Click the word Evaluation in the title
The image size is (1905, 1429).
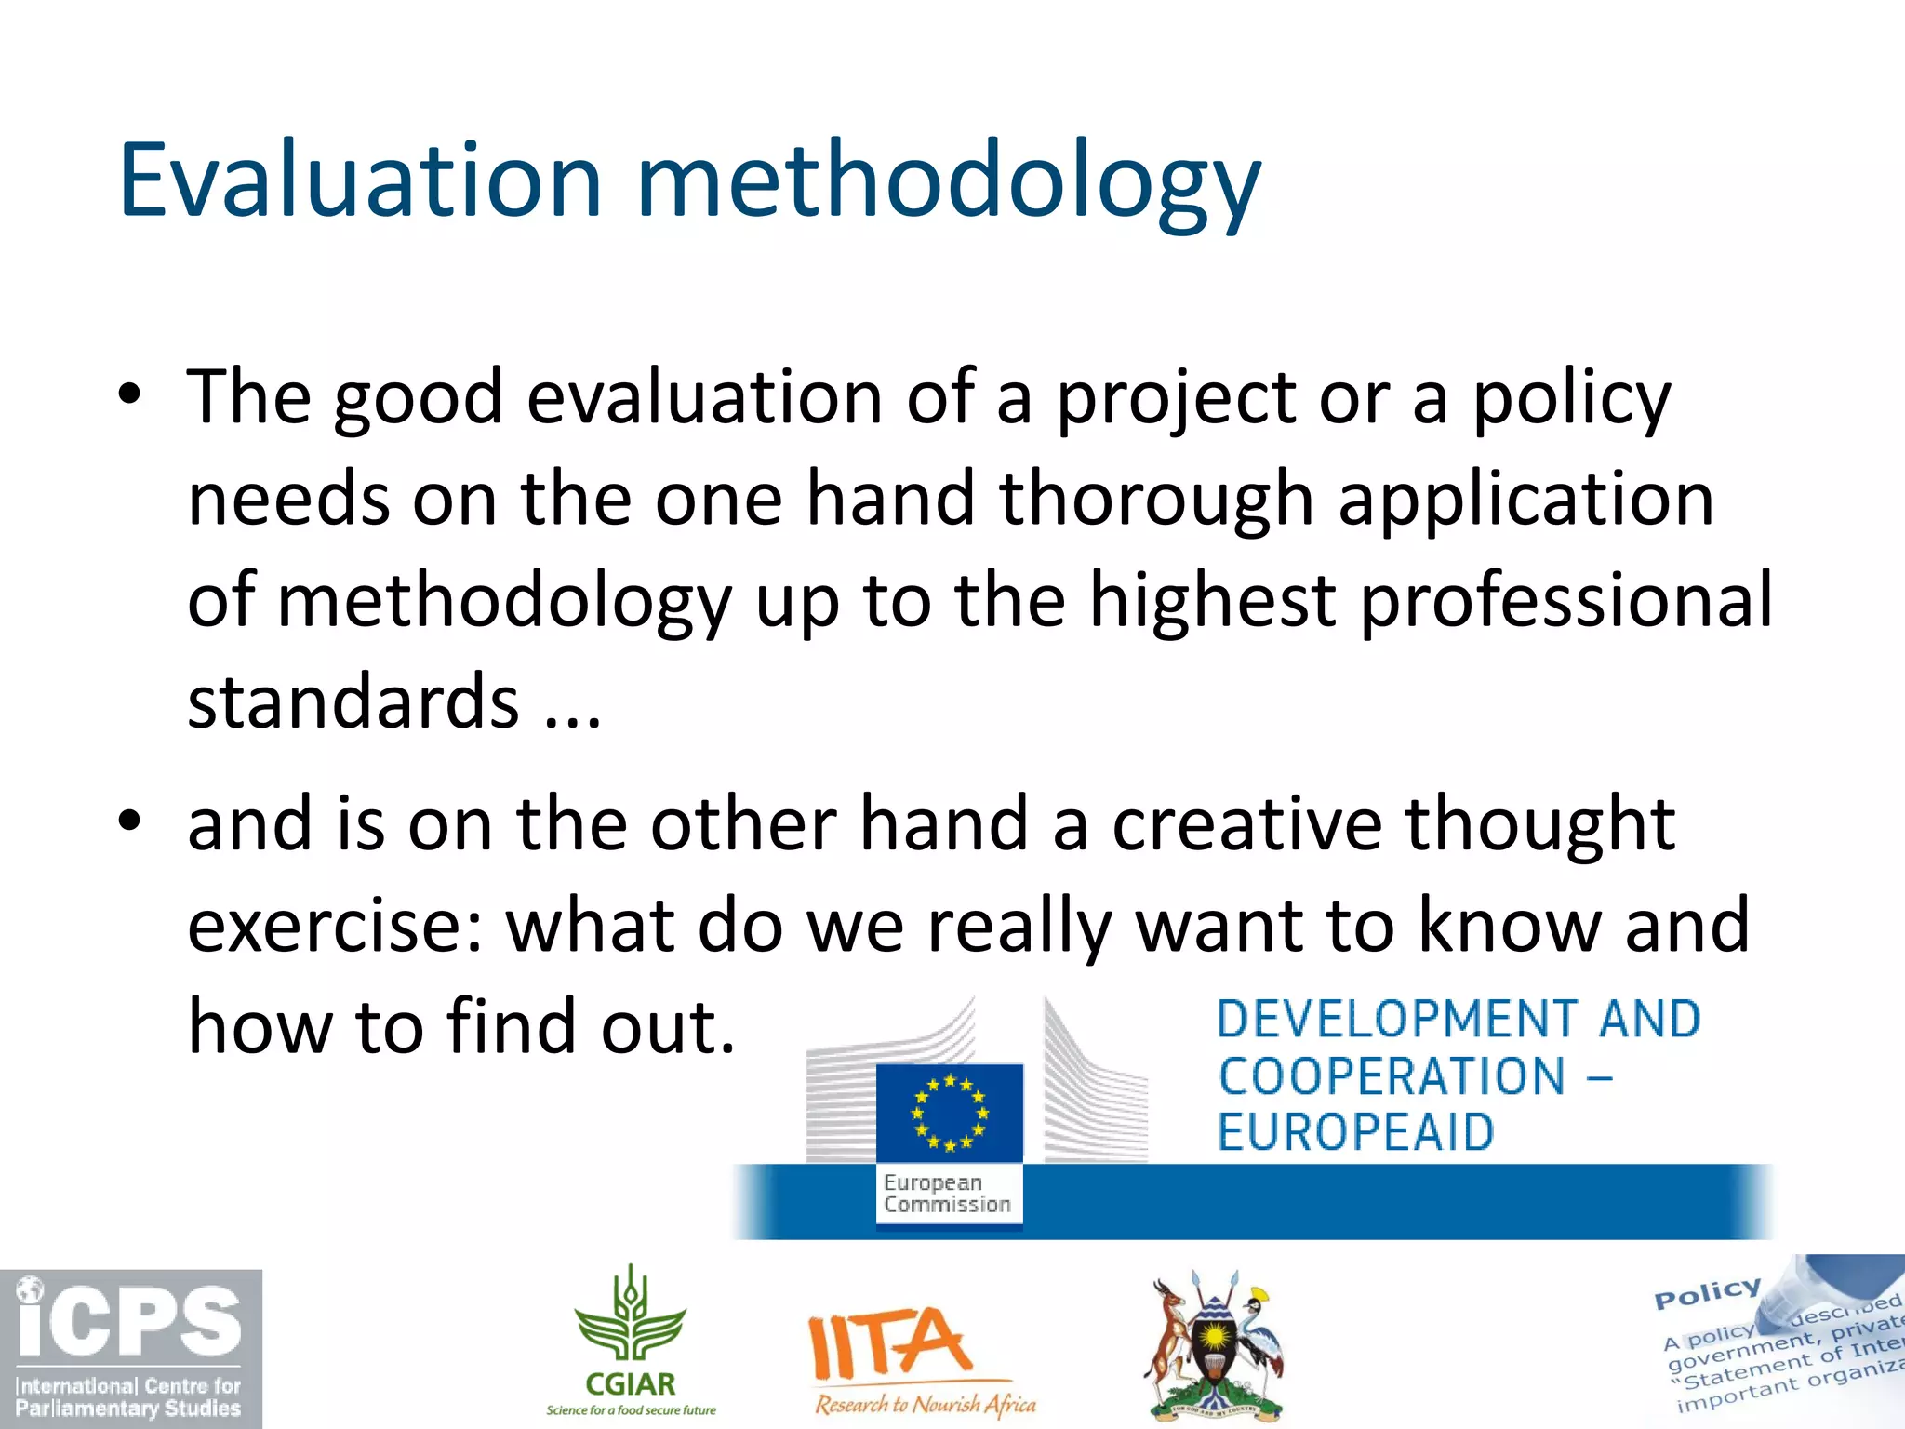[x=361, y=180]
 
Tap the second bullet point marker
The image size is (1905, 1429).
[x=130, y=821]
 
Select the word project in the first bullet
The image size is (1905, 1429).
[x=1176, y=398]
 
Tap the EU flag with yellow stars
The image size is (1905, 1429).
[x=950, y=1113]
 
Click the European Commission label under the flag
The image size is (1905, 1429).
[x=947, y=1194]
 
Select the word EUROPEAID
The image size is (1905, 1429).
[x=1355, y=1133]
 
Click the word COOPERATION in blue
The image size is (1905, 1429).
[x=1392, y=1076]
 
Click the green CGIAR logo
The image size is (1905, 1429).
[x=631, y=1340]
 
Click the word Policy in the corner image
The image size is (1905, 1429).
[x=1707, y=1292]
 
